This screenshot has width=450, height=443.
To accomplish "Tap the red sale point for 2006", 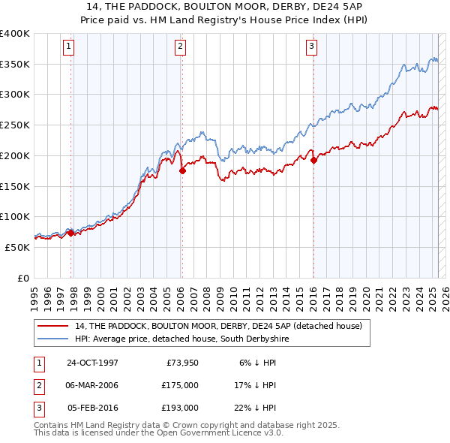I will pyautogui.click(x=182, y=170).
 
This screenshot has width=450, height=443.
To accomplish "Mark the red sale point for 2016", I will pyautogui.click(x=313, y=159).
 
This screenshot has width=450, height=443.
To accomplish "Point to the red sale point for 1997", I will pyautogui.click(x=71, y=233).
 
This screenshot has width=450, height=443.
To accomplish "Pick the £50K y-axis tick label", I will pyautogui.click(x=18, y=247).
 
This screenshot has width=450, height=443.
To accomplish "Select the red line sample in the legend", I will pyautogui.click(x=52, y=326).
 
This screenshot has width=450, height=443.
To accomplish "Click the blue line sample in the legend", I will pyautogui.click(x=52, y=339).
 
